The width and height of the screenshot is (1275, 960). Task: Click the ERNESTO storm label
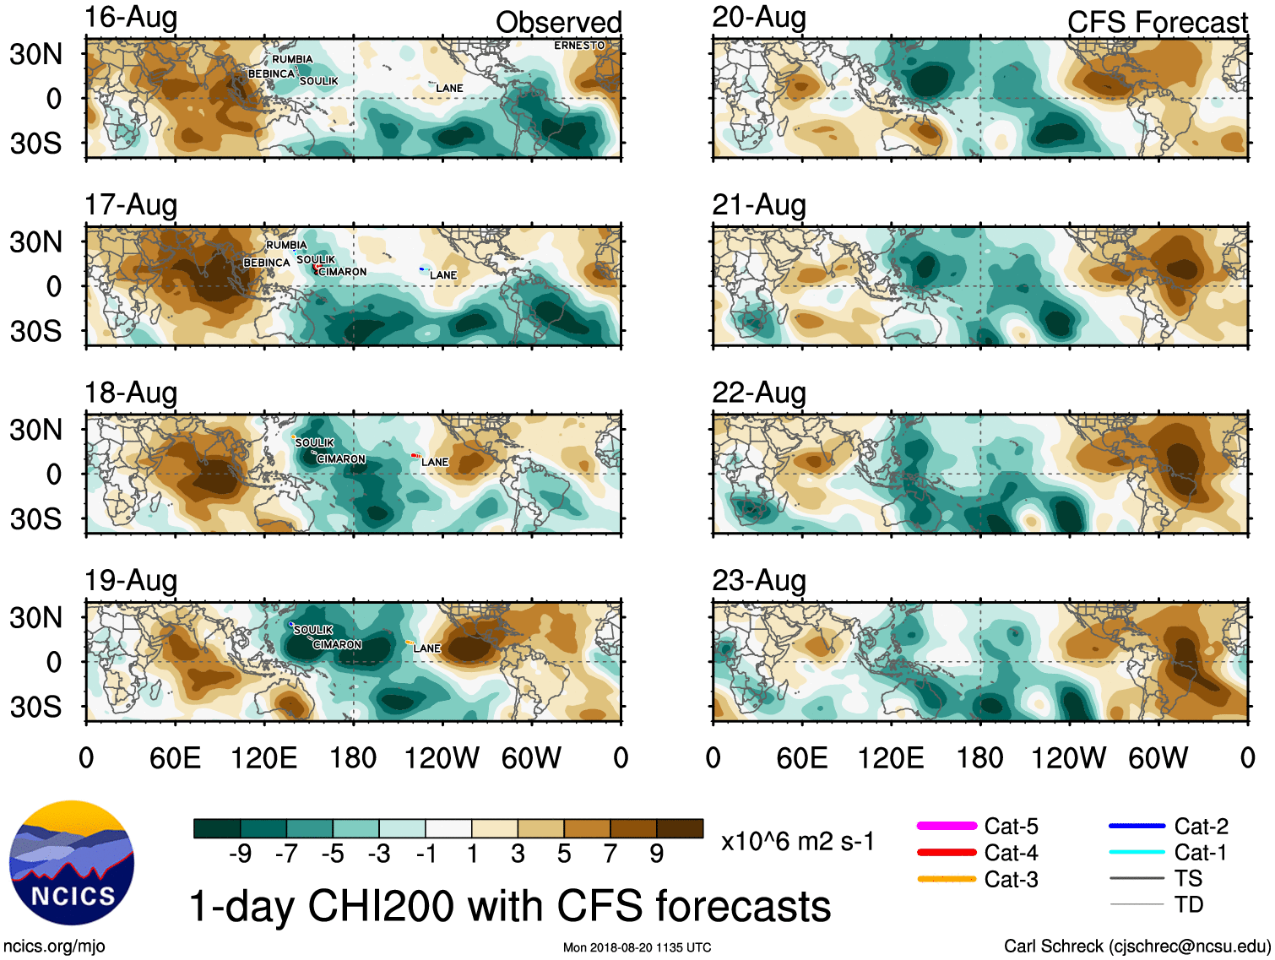tap(579, 46)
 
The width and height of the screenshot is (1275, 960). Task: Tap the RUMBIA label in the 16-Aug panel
tap(292, 59)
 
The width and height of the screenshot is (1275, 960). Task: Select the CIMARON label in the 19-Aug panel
tap(337, 645)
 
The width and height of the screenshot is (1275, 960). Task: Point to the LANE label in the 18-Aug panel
tap(435, 462)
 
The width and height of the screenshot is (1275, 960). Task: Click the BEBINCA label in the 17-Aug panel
tap(267, 263)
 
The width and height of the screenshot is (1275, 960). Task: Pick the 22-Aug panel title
tap(759, 393)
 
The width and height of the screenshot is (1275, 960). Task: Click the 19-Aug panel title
tap(131, 581)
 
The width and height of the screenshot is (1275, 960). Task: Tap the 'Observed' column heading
tap(558, 22)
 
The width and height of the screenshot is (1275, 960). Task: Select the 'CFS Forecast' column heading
tap(1157, 22)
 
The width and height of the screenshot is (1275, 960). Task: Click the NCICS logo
tap(72, 862)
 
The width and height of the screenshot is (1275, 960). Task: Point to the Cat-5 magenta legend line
tap(947, 826)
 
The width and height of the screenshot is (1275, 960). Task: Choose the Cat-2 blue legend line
tap(1137, 826)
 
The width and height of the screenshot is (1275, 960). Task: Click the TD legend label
tap(1188, 904)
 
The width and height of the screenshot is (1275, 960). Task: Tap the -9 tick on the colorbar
tap(240, 854)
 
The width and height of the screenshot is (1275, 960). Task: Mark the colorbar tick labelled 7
tap(610, 854)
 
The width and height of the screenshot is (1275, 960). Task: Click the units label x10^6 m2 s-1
tap(797, 841)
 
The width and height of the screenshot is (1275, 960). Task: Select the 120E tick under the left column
tap(263, 757)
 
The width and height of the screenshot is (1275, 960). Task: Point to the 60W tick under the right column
tap(1158, 757)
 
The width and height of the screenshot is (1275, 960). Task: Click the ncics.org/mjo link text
tap(54, 946)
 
